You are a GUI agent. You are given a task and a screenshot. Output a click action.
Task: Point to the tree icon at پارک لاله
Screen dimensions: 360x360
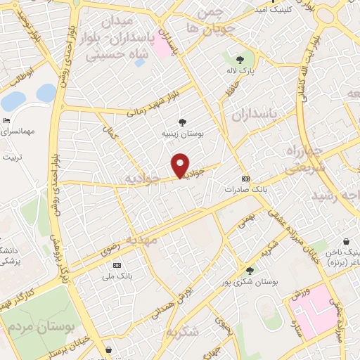tap(240, 60)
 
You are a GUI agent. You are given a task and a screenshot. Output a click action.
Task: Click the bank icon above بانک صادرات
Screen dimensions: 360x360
tap(245, 179)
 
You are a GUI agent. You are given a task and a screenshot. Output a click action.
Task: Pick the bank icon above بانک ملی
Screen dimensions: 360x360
tap(117, 265)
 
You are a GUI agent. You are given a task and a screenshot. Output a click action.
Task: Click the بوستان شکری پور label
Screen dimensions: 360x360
tap(250, 281)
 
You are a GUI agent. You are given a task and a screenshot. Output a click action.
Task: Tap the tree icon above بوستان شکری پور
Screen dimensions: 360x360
tap(250, 270)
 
